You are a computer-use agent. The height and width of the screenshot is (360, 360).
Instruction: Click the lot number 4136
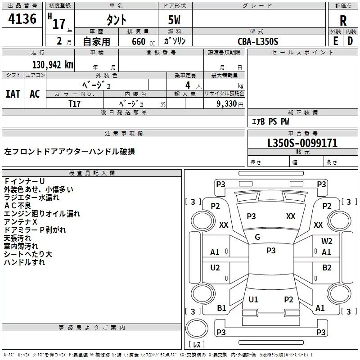pyautogui.click(x=22, y=19)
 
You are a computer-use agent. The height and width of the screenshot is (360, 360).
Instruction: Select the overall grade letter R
pyautogui.click(x=343, y=20)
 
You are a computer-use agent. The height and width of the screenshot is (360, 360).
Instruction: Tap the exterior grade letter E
pyautogui.click(x=335, y=40)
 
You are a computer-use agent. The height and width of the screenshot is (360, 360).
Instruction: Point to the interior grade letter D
pyautogui.click(x=350, y=40)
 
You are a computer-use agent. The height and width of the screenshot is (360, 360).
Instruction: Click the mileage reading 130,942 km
pyautogui.click(x=53, y=64)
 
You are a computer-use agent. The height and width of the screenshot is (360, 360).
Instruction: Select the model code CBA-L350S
pyautogui.click(x=258, y=41)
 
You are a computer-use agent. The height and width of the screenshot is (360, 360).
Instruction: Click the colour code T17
pyautogui.click(x=75, y=103)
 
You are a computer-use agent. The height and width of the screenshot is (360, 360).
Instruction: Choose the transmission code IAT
pyautogui.click(x=13, y=94)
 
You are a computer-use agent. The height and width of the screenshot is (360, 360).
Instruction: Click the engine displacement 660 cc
pyautogui.click(x=137, y=42)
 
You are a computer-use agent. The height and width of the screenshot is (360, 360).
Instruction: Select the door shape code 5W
pyautogui.click(x=175, y=21)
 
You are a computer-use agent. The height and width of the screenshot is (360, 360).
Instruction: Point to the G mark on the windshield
pyautogui.click(x=257, y=237)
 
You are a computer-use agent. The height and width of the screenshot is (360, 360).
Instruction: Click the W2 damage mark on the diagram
pyautogui.click(x=327, y=241)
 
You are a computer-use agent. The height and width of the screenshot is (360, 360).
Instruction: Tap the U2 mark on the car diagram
pyautogui.click(x=215, y=268)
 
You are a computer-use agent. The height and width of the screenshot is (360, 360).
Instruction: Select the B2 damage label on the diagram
pyautogui.click(x=327, y=268)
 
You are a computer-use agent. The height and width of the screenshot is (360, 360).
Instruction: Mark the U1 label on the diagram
pyautogui.click(x=253, y=299)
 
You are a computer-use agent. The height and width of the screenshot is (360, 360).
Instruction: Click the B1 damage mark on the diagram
pyautogui.click(x=221, y=308)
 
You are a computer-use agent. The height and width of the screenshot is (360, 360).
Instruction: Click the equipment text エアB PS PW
pyautogui.click(x=270, y=121)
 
